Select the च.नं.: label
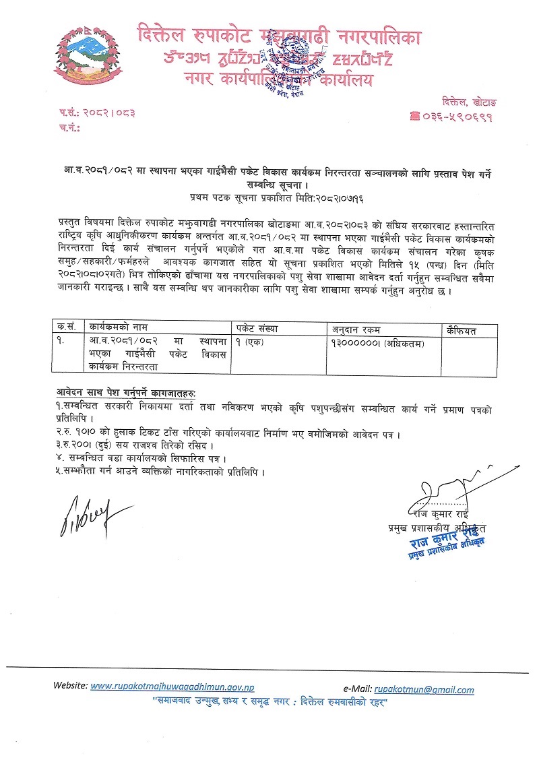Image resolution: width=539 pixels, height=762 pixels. pos(69,126)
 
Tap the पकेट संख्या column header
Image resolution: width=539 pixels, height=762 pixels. pos(257,329)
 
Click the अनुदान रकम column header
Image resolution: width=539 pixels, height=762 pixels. pos(355,329)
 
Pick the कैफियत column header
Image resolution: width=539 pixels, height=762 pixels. pos(462,329)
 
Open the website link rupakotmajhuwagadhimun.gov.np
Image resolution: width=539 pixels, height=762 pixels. pos(172,687)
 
